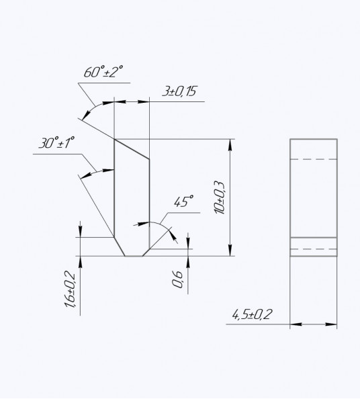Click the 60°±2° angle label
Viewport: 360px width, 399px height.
tap(103, 71)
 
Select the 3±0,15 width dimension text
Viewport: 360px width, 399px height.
tap(179, 91)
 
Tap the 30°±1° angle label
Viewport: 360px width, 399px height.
tap(56, 142)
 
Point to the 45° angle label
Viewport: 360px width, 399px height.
tap(183, 202)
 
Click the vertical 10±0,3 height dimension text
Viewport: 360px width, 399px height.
tap(220, 197)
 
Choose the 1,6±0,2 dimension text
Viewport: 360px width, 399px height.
tap(70, 289)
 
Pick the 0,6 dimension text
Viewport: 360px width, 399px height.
tap(177, 279)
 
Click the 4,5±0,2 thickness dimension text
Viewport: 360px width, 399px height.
tap(252, 315)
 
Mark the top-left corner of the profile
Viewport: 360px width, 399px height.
tap(114, 139)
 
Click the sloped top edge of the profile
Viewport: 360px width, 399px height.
tap(132, 149)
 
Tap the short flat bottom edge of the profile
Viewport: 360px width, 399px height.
tap(134, 256)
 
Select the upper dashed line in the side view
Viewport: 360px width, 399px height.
tap(314, 159)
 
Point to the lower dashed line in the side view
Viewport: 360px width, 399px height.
tap(314, 249)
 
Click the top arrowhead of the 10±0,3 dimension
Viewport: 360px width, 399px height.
tap(230, 145)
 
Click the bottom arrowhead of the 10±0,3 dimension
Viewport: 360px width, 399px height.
tap(230, 250)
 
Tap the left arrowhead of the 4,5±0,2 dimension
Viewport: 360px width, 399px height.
tap(296, 324)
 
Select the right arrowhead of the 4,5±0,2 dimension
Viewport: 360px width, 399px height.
tap(331, 324)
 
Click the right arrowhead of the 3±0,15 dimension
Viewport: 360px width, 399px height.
tap(144, 102)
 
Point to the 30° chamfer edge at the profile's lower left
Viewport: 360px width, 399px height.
tap(120, 247)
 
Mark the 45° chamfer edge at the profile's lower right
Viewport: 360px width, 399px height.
tap(146, 253)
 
